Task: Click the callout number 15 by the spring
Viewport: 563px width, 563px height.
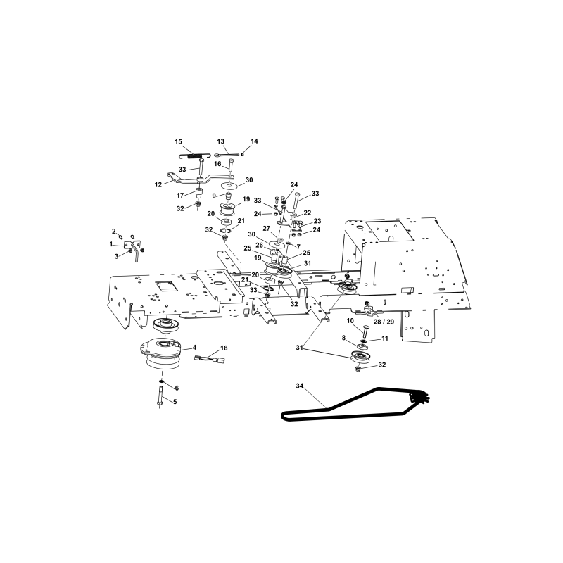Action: click(179, 142)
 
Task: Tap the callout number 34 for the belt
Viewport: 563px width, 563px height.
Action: click(300, 386)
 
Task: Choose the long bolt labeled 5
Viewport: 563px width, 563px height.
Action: click(160, 396)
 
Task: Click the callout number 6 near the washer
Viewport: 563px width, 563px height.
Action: click(177, 388)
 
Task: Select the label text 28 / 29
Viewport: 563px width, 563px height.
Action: click(384, 322)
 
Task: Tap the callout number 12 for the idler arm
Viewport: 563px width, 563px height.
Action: click(158, 185)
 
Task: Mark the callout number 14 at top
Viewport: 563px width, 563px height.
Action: click(254, 141)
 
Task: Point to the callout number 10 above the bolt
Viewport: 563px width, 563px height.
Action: click(350, 321)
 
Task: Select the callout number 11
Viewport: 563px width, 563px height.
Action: click(384, 339)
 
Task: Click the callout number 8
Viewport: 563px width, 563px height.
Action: click(343, 338)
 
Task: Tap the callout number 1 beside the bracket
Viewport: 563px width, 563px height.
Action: click(111, 244)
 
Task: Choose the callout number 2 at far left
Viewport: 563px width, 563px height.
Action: click(114, 232)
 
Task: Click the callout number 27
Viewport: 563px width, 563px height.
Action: click(266, 229)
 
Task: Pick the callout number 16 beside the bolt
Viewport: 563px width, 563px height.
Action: click(217, 164)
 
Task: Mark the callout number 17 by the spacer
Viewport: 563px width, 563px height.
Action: click(180, 196)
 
